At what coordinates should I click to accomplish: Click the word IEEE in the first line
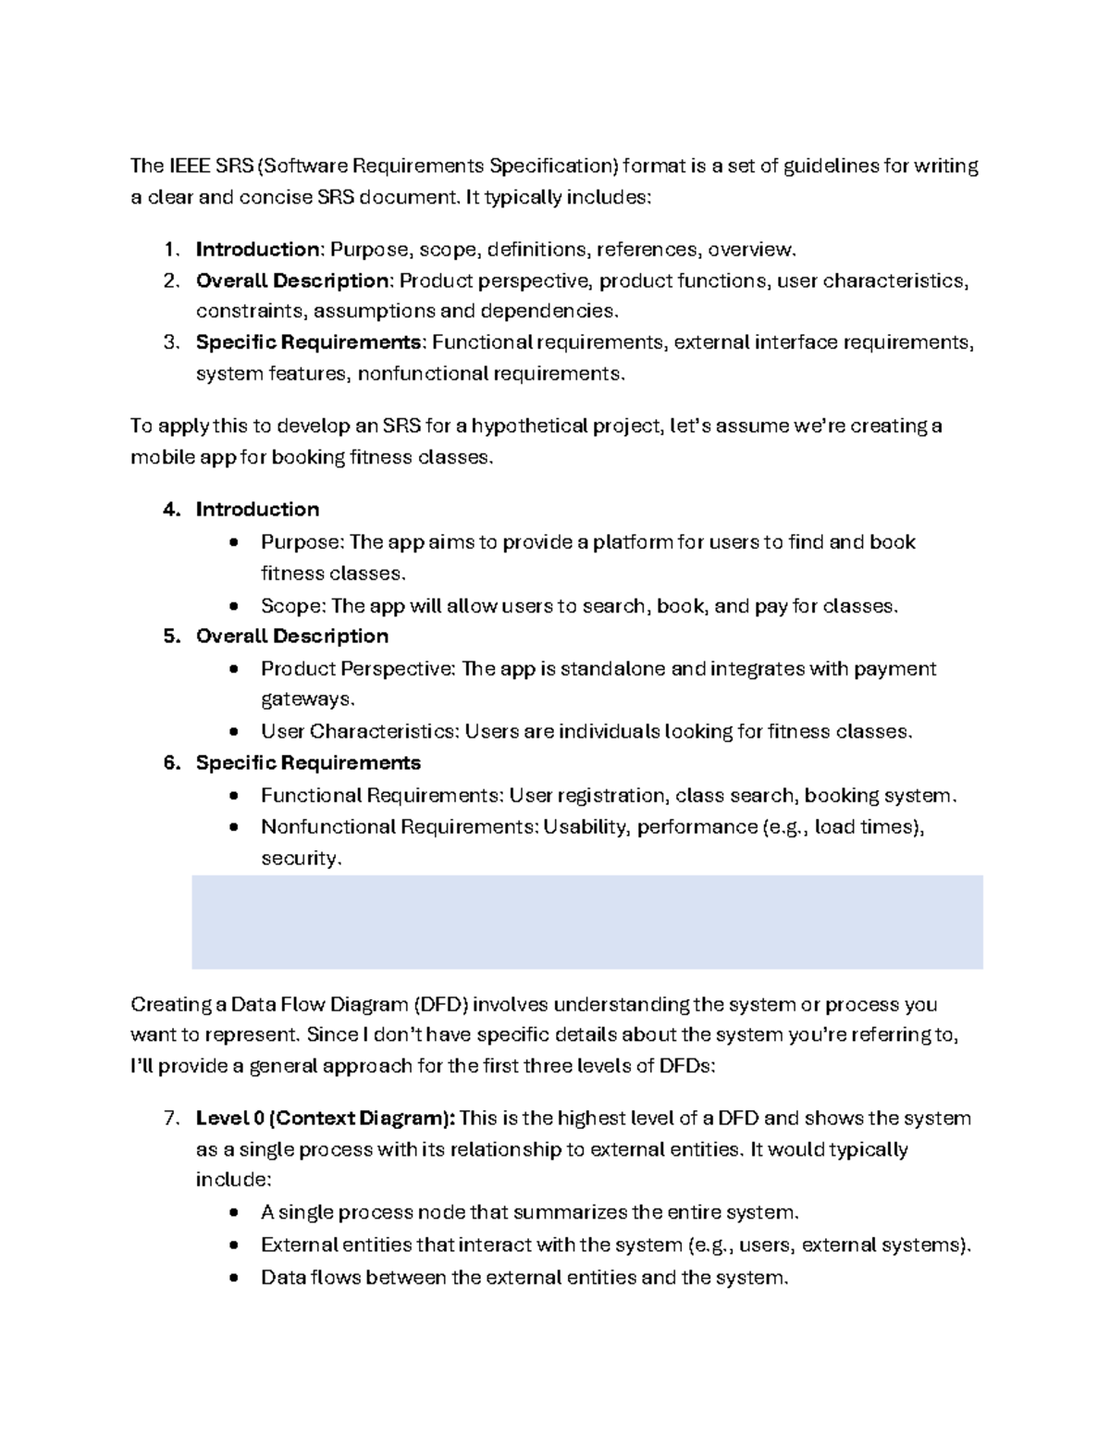(x=188, y=167)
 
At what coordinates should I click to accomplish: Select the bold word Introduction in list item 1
(x=257, y=250)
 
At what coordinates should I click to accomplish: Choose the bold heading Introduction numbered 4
(x=257, y=510)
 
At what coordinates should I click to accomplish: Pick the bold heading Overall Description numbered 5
(x=291, y=637)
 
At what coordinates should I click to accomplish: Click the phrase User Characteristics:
(x=359, y=732)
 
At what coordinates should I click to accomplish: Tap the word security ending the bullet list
(x=300, y=859)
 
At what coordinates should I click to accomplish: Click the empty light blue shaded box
(x=586, y=922)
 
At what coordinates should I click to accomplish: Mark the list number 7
(x=170, y=1119)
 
